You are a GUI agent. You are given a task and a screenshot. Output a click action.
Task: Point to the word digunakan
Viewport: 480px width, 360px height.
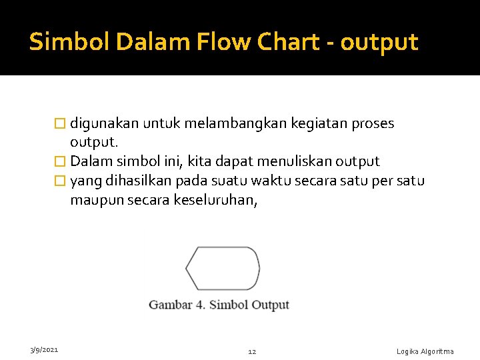pyautogui.click(x=103, y=124)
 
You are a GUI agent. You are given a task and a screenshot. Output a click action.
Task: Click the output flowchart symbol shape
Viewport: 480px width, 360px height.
pyautogui.click(x=222, y=268)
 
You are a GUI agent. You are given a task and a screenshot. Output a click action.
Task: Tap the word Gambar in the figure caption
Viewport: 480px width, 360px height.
pyautogui.click(x=170, y=305)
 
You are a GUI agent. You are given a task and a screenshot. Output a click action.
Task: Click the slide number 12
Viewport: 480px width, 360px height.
pyautogui.click(x=252, y=351)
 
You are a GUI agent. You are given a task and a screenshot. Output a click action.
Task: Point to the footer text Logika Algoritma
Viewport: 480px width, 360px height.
pyautogui.click(x=425, y=351)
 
